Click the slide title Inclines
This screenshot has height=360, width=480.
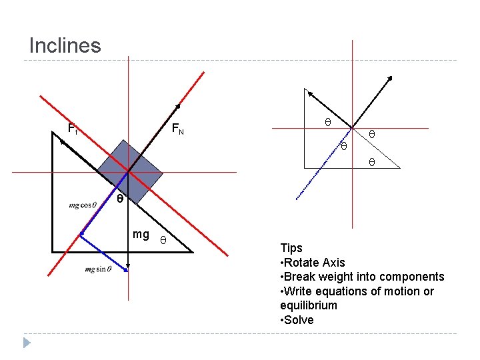[x=65, y=45]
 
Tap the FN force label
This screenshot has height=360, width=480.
[x=177, y=129]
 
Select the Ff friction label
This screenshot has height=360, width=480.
[x=73, y=129]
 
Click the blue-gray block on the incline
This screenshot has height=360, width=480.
[x=129, y=171]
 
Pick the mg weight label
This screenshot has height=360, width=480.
[x=141, y=234]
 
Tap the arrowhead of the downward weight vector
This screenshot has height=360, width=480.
[x=128, y=265]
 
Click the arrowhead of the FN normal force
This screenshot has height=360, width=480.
[x=178, y=106]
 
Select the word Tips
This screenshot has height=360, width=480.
[x=291, y=248]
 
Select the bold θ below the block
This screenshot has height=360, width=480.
[x=120, y=199]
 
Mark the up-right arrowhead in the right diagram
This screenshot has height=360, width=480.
[x=390, y=79]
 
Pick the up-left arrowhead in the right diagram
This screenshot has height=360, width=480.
[x=307, y=91]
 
